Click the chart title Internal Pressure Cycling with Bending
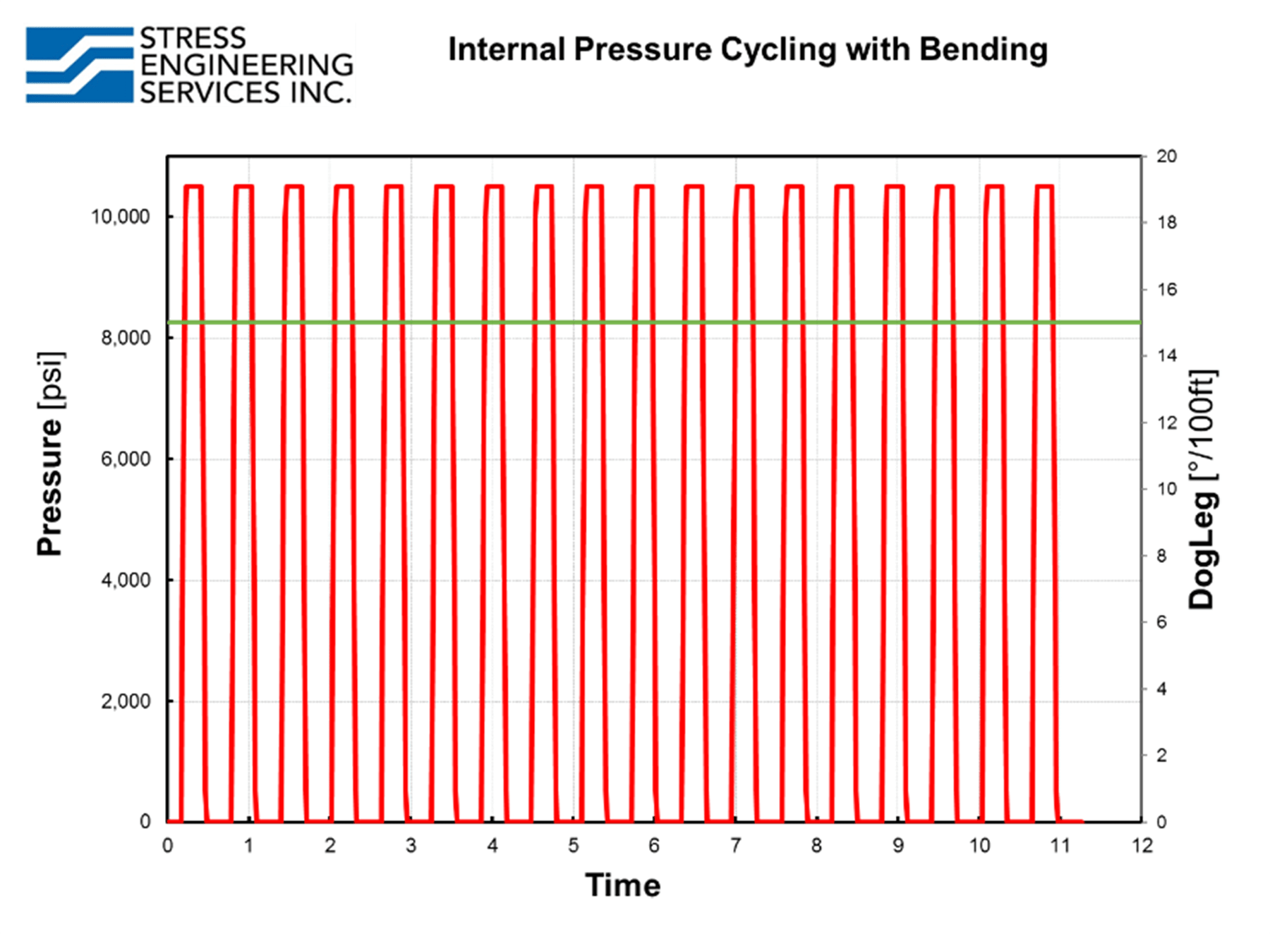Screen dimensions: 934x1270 [747, 50]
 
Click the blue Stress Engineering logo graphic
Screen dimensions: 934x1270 [79, 65]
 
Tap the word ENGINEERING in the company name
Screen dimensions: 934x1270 [246, 65]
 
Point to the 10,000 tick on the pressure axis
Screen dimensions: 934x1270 [120, 217]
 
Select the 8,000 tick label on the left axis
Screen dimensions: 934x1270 [126, 338]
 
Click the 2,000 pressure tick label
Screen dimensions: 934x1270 [126, 701]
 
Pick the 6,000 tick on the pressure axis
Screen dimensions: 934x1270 [126, 459]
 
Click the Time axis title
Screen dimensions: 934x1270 [622, 885]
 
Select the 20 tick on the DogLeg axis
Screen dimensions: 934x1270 [1166, 156]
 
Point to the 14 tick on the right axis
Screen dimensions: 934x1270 [1166, 356]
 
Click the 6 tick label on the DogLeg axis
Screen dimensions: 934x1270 [1161, 622]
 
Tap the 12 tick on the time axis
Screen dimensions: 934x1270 [1142, 845]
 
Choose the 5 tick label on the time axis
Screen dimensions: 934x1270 [573, 845]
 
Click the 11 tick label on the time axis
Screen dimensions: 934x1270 [1060, 845]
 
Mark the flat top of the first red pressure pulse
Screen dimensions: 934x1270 [193, 186]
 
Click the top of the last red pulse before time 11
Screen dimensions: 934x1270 [1044, 186]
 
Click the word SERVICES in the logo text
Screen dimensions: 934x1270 [210, 92]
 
